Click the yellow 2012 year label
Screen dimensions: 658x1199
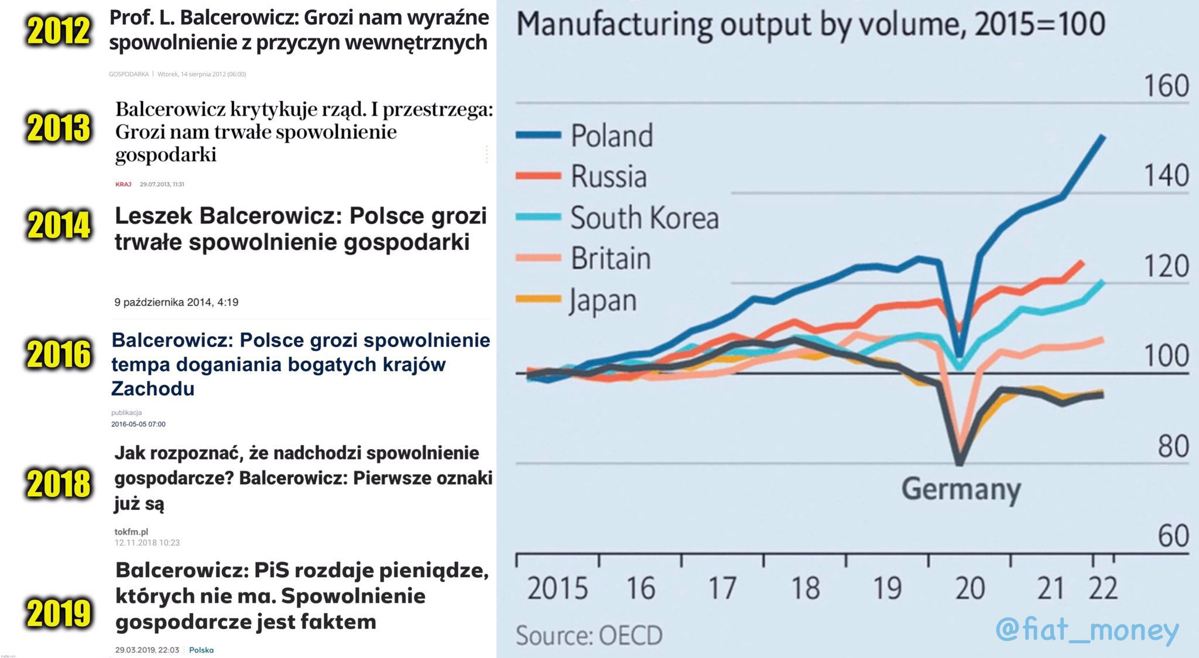59,31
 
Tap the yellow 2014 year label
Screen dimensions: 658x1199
59,225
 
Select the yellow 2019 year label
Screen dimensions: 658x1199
59,614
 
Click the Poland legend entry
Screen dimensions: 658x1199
611,136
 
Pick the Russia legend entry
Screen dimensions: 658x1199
608,177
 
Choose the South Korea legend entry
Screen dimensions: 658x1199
644,218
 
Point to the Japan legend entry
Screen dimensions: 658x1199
603,301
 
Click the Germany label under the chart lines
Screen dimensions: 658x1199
961,489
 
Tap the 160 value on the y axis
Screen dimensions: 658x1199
1166,86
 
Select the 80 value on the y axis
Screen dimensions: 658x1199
1173,447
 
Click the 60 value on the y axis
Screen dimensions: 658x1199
1173,536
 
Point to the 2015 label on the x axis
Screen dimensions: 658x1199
557,588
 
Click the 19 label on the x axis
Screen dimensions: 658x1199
887,588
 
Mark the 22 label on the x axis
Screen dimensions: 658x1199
1103,588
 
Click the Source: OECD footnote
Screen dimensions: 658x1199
588,636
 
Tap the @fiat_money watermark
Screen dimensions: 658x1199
1087,630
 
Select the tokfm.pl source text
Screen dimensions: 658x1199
131,532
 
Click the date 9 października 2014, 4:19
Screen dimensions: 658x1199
176,303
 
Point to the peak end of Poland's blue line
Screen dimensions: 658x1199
1104,137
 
